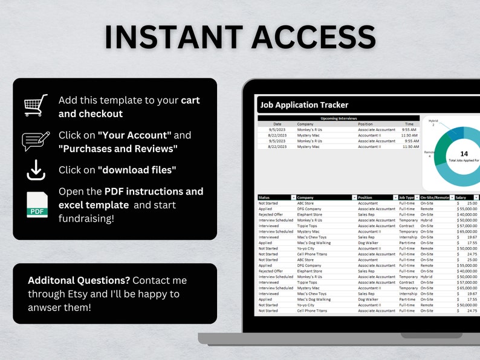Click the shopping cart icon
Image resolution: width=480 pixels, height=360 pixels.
click(36, 106)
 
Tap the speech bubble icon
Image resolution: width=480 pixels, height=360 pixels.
click(36, 141)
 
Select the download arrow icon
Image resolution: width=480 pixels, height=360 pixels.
click(36, 170)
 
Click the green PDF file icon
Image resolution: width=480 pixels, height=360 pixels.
click(37, 204)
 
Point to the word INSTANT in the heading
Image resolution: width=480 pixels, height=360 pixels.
click(173, 37)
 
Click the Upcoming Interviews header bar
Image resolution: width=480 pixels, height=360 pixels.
click(339, 118)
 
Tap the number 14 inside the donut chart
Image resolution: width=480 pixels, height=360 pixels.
click(464, 153)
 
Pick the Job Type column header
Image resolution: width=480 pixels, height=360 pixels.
click(406, 198)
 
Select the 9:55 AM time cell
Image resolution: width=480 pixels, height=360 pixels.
click(409, 130)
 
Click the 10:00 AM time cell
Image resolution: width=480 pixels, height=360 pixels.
click(409, 141)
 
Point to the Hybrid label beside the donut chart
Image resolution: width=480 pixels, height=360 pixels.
click(433, 121)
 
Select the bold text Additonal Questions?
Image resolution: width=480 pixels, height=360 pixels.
click(79, 280)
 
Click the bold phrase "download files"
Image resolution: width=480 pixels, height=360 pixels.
click(137, 170)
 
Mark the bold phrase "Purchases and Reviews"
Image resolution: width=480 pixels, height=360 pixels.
click(118, 149)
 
